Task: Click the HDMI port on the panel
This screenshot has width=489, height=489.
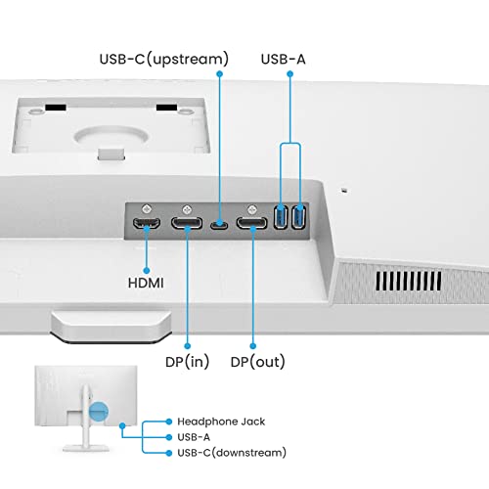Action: point(147,223)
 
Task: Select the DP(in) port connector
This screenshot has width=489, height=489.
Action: point(187,223)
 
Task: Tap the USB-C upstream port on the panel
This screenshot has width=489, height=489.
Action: point(219,225)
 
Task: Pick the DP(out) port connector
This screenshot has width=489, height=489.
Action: point(251,223)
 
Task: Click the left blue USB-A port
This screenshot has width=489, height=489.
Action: point(281,217)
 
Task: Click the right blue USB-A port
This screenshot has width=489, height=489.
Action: point(298,217)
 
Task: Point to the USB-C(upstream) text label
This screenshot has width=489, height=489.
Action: point(164,59)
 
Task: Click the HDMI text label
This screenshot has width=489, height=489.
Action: point(146,283)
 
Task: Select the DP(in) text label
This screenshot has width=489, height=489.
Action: point(187,362)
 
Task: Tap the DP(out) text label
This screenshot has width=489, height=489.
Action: point(257,362)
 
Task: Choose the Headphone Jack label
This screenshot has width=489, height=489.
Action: point(221,422)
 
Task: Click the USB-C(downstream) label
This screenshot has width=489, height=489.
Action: point(232,453)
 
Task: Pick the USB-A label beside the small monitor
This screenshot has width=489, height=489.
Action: point(194,437)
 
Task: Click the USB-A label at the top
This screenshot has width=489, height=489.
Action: point(283,59)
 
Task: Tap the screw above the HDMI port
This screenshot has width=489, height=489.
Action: point(147,208)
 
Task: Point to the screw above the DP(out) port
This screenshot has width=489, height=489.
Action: point(251,208)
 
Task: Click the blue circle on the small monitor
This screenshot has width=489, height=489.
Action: point(98,411)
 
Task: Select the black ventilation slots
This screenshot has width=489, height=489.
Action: point(408,281)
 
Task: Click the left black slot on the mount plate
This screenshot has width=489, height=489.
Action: point(56,108)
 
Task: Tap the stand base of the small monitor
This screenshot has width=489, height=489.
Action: point(86,448)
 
